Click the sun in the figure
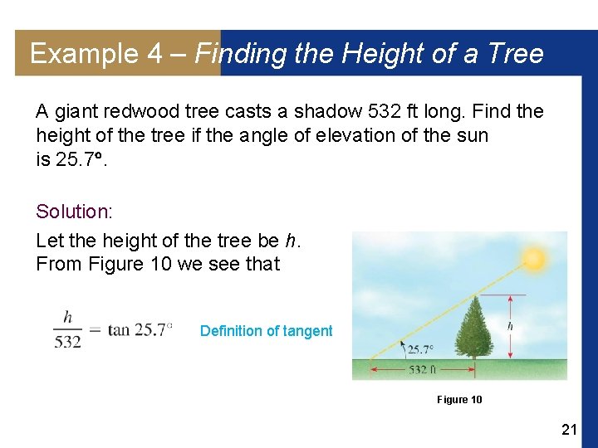tap(534, 259)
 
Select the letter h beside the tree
tap(510, 326)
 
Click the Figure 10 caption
tap(459, 400)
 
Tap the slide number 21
tap(569, 429)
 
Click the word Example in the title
tap(84, 54)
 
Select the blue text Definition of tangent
tap(266, 331)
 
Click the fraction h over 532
tap(68, 329)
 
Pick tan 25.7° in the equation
tap(140, 330)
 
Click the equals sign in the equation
tap(95, 330)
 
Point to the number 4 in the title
tap(155, 54)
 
